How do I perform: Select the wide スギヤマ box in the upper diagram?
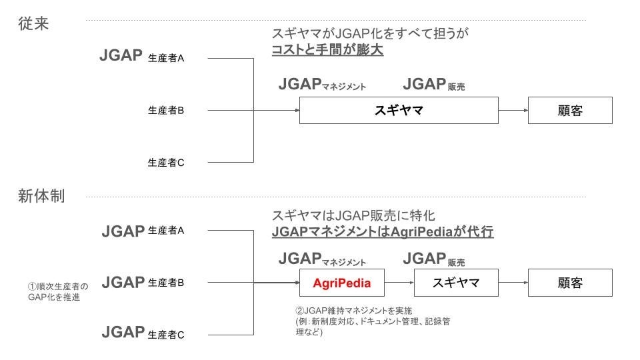(x=399, y=110)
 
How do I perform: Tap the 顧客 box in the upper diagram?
(x=570, y=110)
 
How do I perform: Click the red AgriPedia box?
(x=341, y=283)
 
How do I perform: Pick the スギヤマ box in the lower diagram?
(x=456, y=283)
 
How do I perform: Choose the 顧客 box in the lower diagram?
(x=570, y=283)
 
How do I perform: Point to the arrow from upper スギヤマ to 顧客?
(x=513, y=110)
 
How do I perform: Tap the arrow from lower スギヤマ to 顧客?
(x=513, y=283)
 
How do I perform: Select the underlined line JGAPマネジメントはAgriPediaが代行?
(x=382, y=232)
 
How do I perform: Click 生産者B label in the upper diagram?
(x=166, y=111)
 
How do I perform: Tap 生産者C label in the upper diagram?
(x=166, y=162)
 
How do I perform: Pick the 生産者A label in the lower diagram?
(x=166, y=231)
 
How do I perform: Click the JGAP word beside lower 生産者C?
(x=123, y=332)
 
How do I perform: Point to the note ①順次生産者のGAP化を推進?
(x=57, y=292)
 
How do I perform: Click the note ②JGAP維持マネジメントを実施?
(x=354, y=311)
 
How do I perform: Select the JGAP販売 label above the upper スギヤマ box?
(x=434, y=85)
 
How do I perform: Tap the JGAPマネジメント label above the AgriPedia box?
(x=322, y=259)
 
